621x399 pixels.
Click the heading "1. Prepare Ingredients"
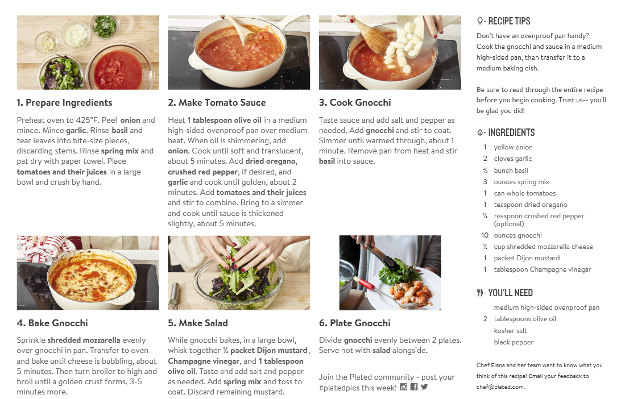[x=64, y=102]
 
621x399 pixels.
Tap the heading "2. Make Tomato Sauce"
[x=217, y=102]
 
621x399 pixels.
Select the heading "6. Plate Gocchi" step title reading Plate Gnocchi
[x=354, y=323]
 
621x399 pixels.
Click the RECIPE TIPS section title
[x=509, y=21]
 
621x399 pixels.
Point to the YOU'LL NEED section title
[x=510, y=293]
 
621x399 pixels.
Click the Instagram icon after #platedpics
[x=404, y=386]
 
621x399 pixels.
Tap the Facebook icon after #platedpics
[x=414, y=386]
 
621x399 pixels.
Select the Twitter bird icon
[x=425, y=386]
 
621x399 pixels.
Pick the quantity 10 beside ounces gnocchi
[x=485, y=235]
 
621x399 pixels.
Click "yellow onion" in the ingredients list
[x=513, y=147]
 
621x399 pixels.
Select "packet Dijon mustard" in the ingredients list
[x=527, y=258]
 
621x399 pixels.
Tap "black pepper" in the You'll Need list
[x=514, y=342]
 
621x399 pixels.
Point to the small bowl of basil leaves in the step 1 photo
[x=105, y=27]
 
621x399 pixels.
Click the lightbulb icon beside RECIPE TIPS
[x=479, y=21]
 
